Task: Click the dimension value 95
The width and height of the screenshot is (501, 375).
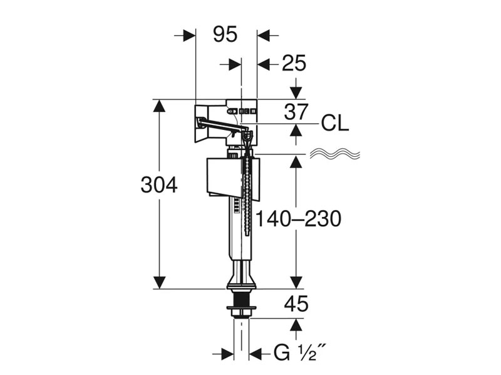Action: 225,35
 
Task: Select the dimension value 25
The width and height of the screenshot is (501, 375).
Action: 294,63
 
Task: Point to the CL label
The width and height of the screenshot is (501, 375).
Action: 334,124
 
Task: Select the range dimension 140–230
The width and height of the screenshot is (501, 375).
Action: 298,219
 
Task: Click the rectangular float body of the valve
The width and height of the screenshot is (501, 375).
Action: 222,176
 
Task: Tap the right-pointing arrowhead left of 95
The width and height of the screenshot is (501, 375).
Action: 187,35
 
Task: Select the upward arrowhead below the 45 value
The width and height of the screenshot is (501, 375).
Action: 296,326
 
